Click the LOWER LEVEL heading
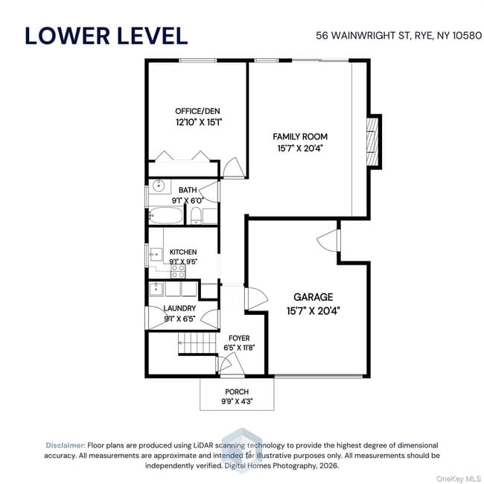[106, 36]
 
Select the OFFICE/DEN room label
[197, 111]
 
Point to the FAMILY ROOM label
[300, 136]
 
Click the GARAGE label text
[313, 297]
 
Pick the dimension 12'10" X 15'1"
[199, 122]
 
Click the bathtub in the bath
[166, 215]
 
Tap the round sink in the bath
[159, 186]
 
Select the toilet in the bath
[196, 215]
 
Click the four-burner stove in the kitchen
[178, 271]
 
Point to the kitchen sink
[156, 254]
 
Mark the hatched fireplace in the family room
[372, 141]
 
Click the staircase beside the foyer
[197, 343]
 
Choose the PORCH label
[237, 392]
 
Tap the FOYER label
[239, 338]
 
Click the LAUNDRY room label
[179, 308]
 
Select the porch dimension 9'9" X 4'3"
[237, 401]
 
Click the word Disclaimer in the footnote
[66, 445]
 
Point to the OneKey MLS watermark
[459, 479]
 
